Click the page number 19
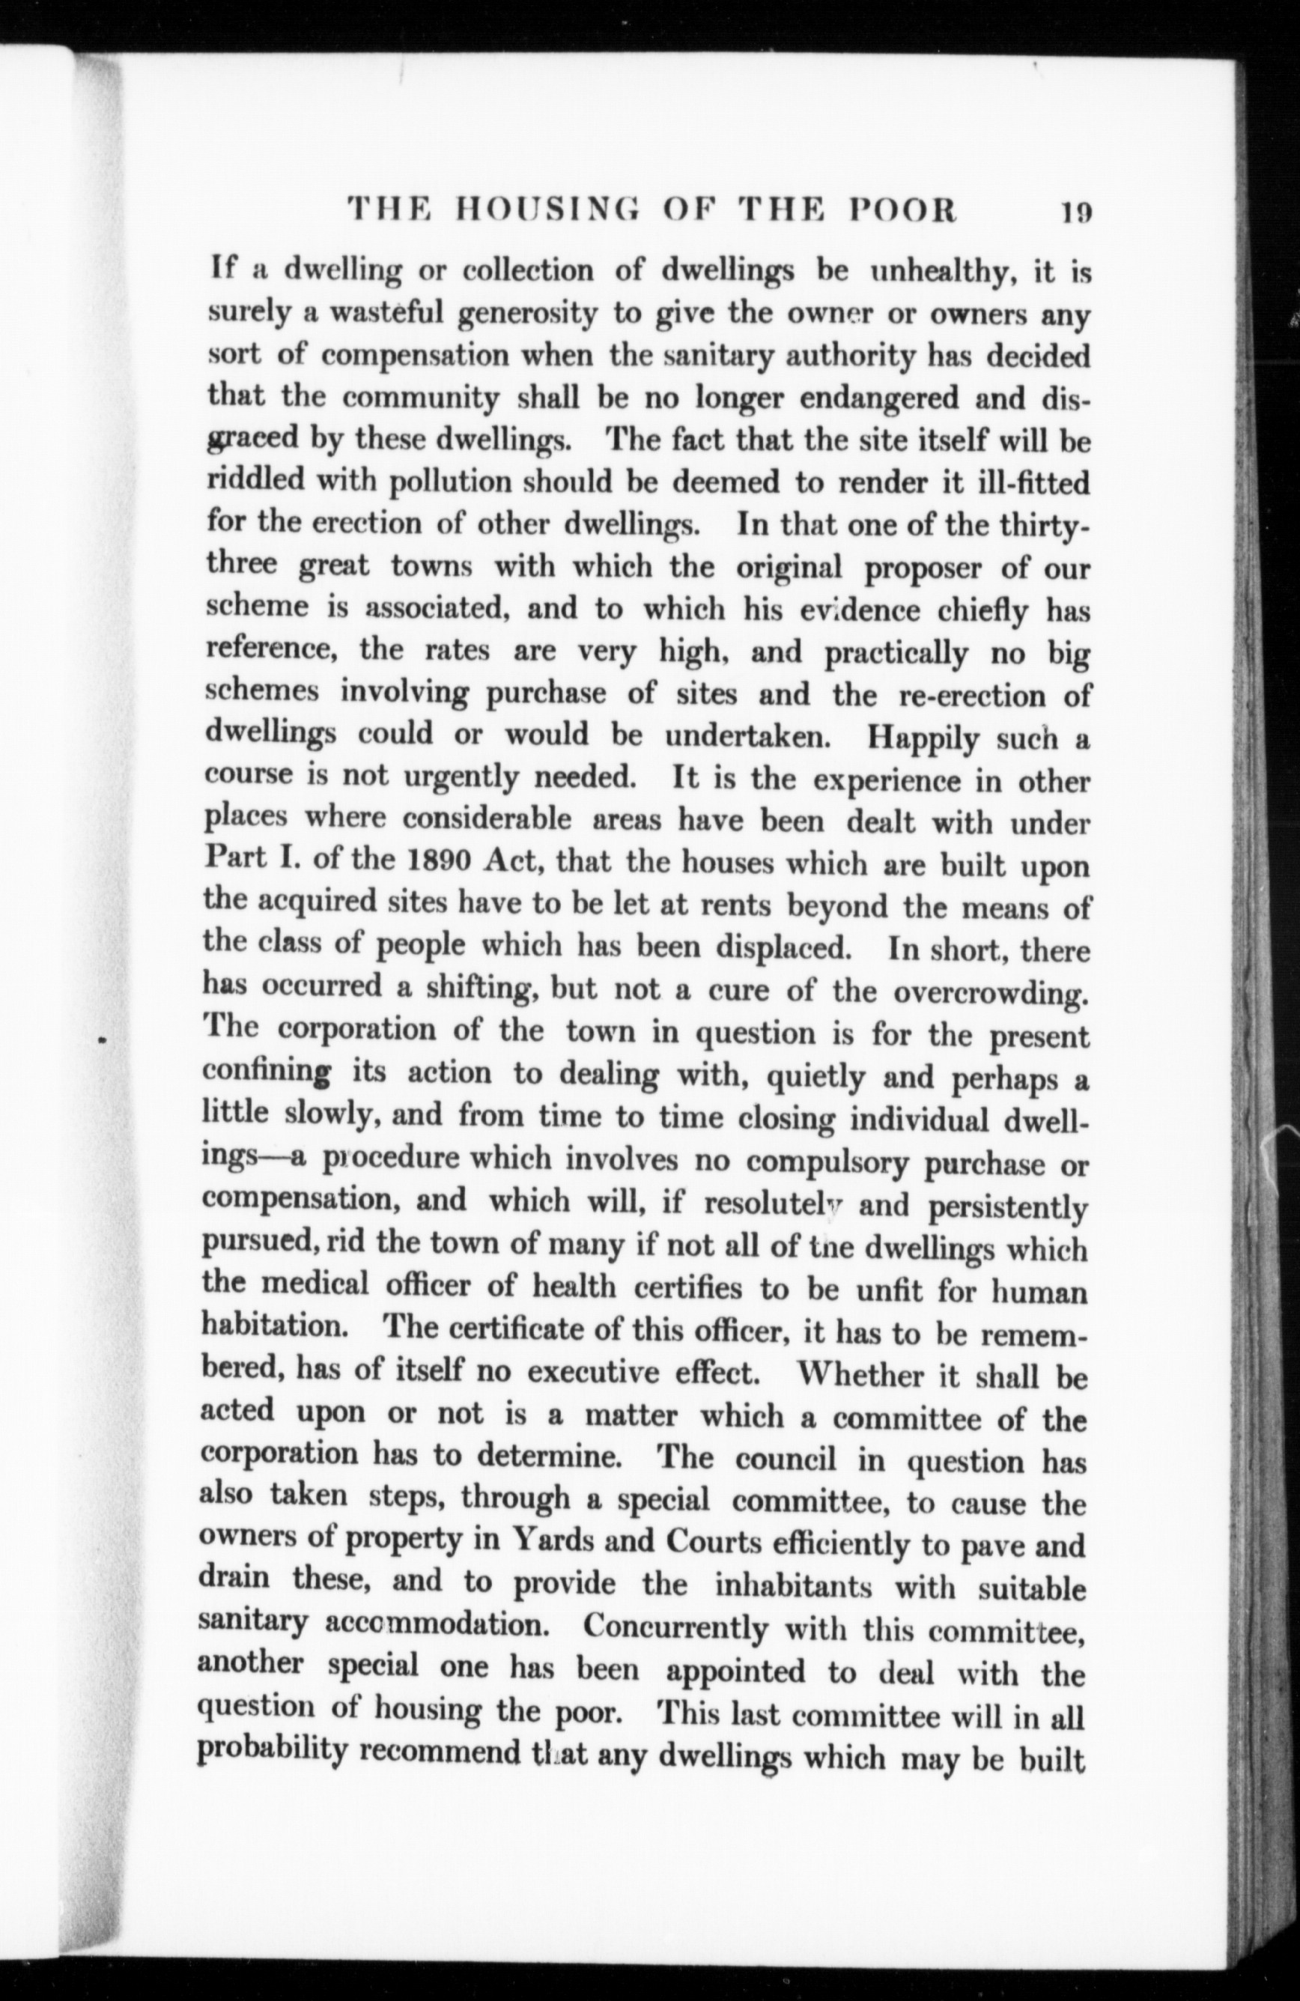(x=1075, y=210)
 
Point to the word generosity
(x=527, y=316)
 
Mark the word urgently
(x=461, y=779)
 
